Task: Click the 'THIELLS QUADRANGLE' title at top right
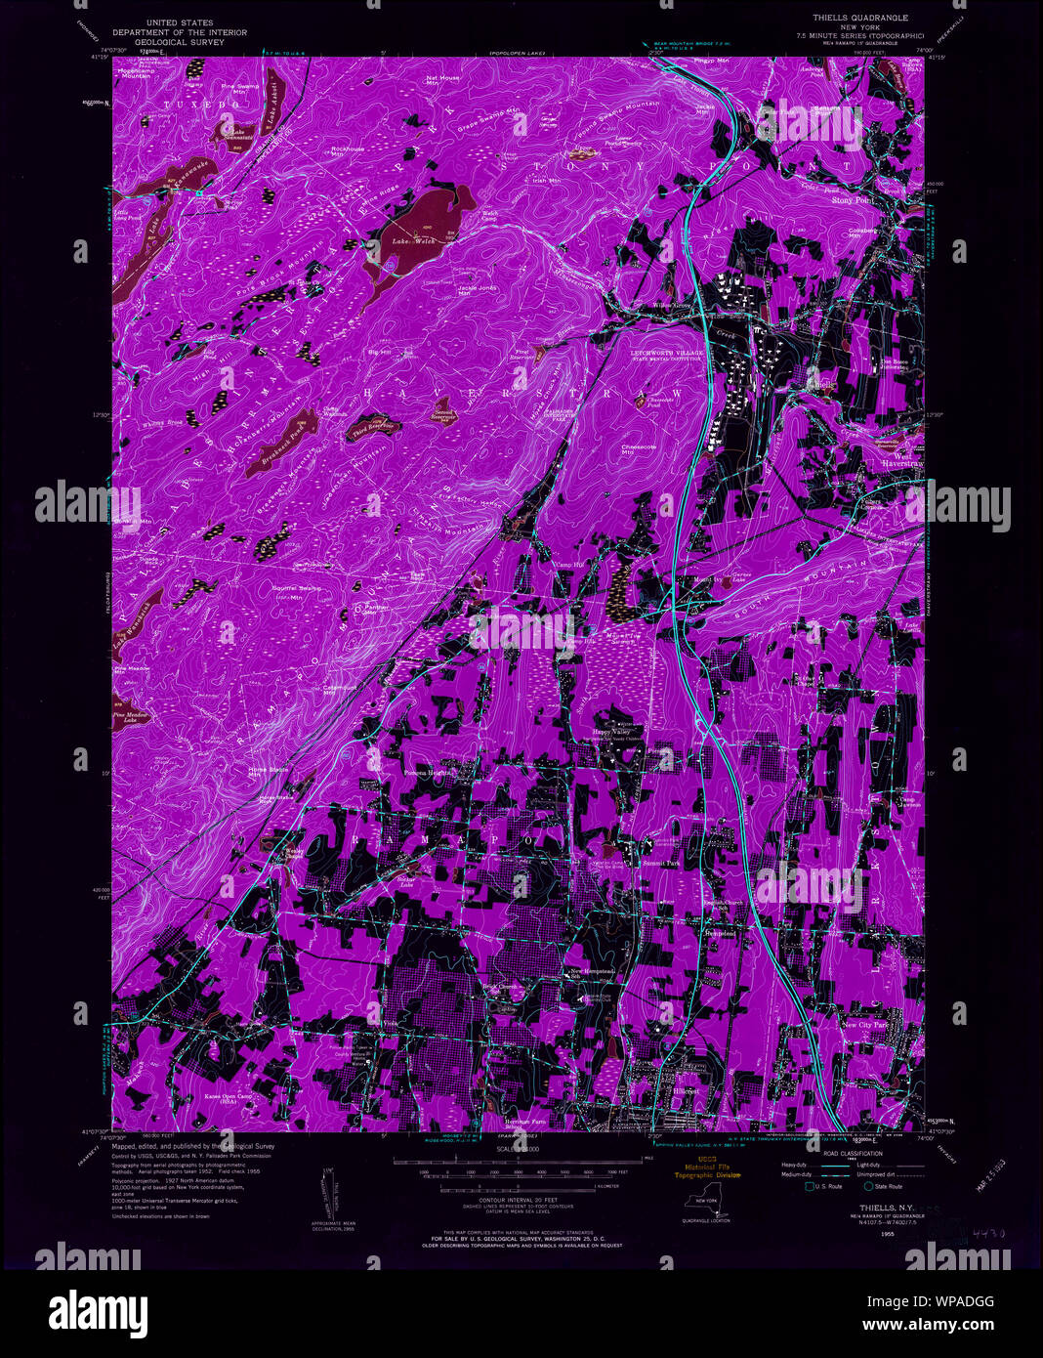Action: pos(860,18)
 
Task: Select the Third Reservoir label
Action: pos(374,426)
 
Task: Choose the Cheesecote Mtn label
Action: pos(637,448)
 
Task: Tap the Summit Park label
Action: pos(659,864)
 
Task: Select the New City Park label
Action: pos(865,1025)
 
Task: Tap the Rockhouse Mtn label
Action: pos(347,151)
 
